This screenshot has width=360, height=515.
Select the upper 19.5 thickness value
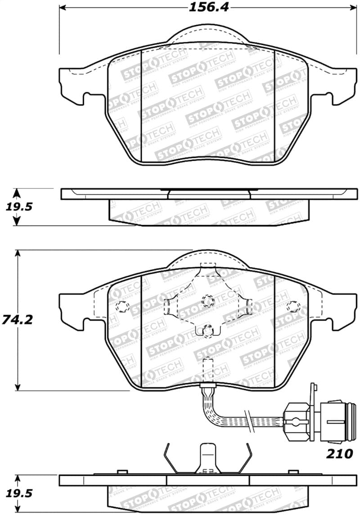15,207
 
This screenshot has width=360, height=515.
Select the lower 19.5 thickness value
15,493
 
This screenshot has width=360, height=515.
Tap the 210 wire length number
339,454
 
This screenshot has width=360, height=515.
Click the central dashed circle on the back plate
207,300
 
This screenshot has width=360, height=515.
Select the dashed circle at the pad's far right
294,306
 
